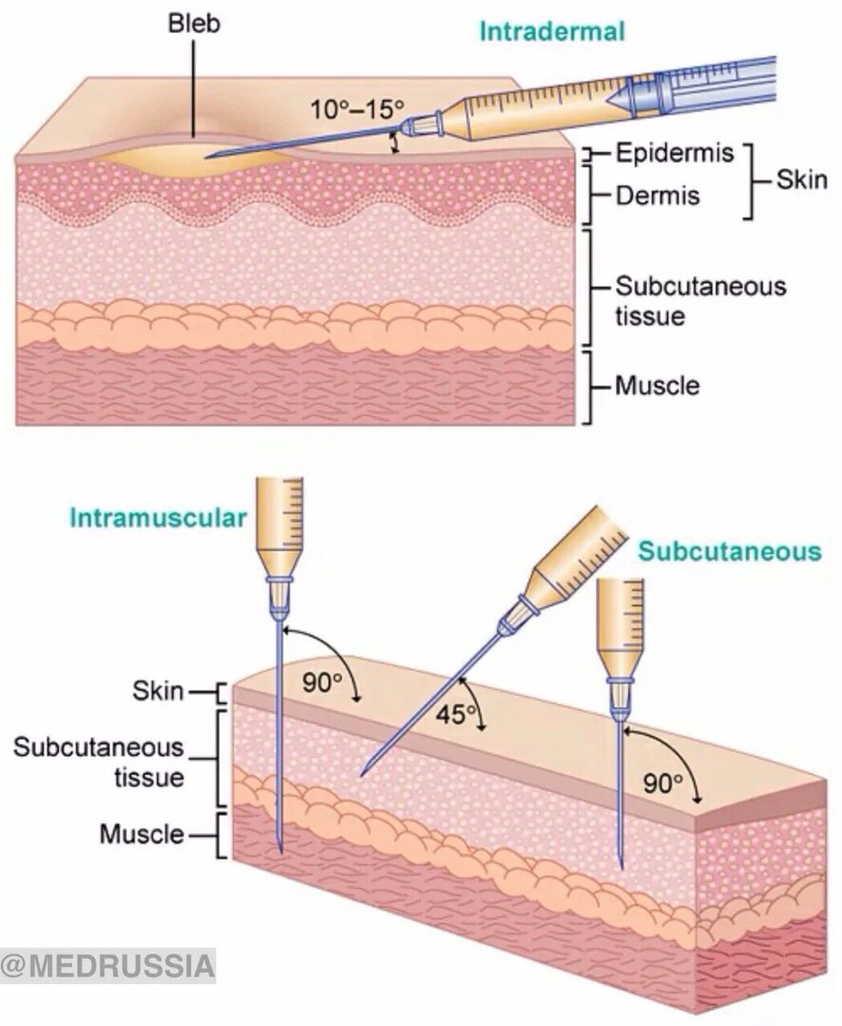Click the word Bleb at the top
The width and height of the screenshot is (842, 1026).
pyautogui.click(x=194, y=23)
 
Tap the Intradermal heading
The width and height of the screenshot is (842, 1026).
pyautogui.click(x=551, y=31)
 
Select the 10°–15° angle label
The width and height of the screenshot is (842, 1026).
pyautogui.click(x=356, y=109)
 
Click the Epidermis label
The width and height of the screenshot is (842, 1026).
pyautogui.click(x=675, y=153)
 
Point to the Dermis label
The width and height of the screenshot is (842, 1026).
pyautogui.click(x=658, y=196)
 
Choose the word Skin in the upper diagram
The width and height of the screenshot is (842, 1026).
pyautogui.click(x=801, y=179)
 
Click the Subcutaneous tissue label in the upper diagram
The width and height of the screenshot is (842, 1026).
pyautogui.click(x=700, y=300)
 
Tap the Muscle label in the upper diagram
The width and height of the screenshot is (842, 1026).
pyautogui.click(x=657, y=386)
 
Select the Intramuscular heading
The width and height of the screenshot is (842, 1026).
pyautogui.click(x=158, y=518)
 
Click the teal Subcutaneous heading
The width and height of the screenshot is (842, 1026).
pyautogui.click(x=729, y=552)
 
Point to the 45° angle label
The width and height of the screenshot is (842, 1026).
pyautogui.click(x=454, y=715)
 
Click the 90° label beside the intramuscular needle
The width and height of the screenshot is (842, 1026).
pyautogui.click(x=321, y=682)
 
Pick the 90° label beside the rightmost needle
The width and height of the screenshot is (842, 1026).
pyautogui.click(x=663, y=783)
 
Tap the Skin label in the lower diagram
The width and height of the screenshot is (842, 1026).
pyautogui.click(x=158, y=691)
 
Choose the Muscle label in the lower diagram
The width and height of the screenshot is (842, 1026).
pyautogui.click(x=142, y=834)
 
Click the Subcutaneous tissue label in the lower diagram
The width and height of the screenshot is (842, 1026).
pyautogui.click(x=98, y=762)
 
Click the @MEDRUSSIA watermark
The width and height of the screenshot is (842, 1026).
pyautogui.click(x=107, y=966)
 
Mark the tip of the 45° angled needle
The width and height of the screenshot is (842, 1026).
pyautogui.click(x=362, y=775)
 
